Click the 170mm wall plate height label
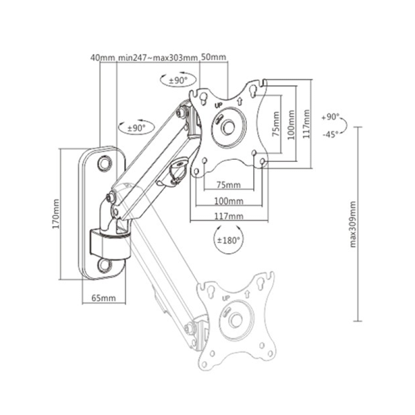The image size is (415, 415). point(56,214)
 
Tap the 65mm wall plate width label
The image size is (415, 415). point(104,298)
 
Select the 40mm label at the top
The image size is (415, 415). point(102,57)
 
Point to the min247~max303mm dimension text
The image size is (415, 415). point(158,57)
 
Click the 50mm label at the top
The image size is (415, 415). point(214,57)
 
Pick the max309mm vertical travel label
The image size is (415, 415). point(353,224)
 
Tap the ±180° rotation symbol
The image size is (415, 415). point(228,239)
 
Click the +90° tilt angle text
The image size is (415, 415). point(331,117)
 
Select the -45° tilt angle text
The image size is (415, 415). point(331,134)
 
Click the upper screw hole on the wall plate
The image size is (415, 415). point(105,163)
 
